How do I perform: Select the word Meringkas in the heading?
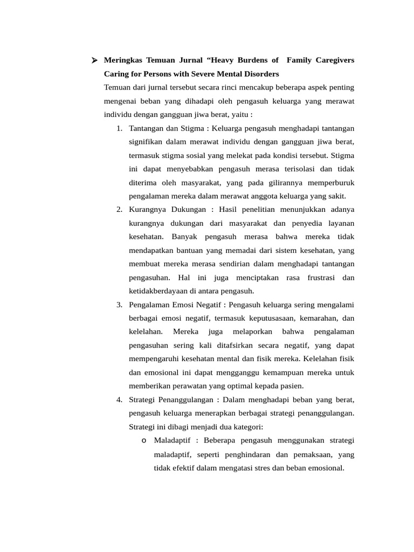(x=123, y=60)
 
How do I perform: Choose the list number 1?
(x=119, y=128)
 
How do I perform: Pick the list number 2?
(x=119, y=209)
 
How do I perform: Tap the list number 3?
(x=119, y=305)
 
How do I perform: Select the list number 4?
(x=119, y=399)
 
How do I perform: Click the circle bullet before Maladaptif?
(x=144, y=441)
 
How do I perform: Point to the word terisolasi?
(x=291, y=169)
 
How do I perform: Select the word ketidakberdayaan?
(x=160, y=291)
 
